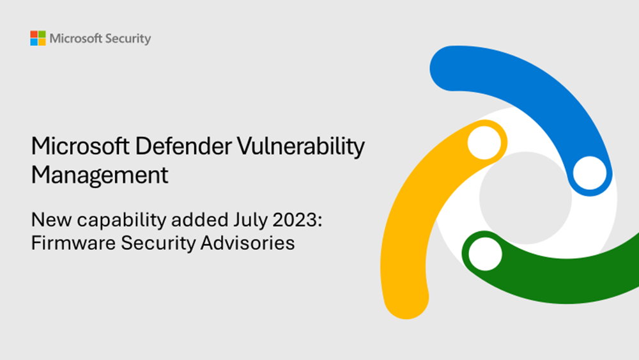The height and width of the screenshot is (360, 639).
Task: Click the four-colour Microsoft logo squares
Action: (38, 38)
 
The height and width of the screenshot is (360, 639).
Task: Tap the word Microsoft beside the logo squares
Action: (75, 38)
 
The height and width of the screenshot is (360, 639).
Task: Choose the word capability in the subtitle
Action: (108, 221)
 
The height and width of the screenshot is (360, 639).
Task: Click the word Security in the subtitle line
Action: (150, 244)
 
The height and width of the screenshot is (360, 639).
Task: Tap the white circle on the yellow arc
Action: (483, 143)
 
